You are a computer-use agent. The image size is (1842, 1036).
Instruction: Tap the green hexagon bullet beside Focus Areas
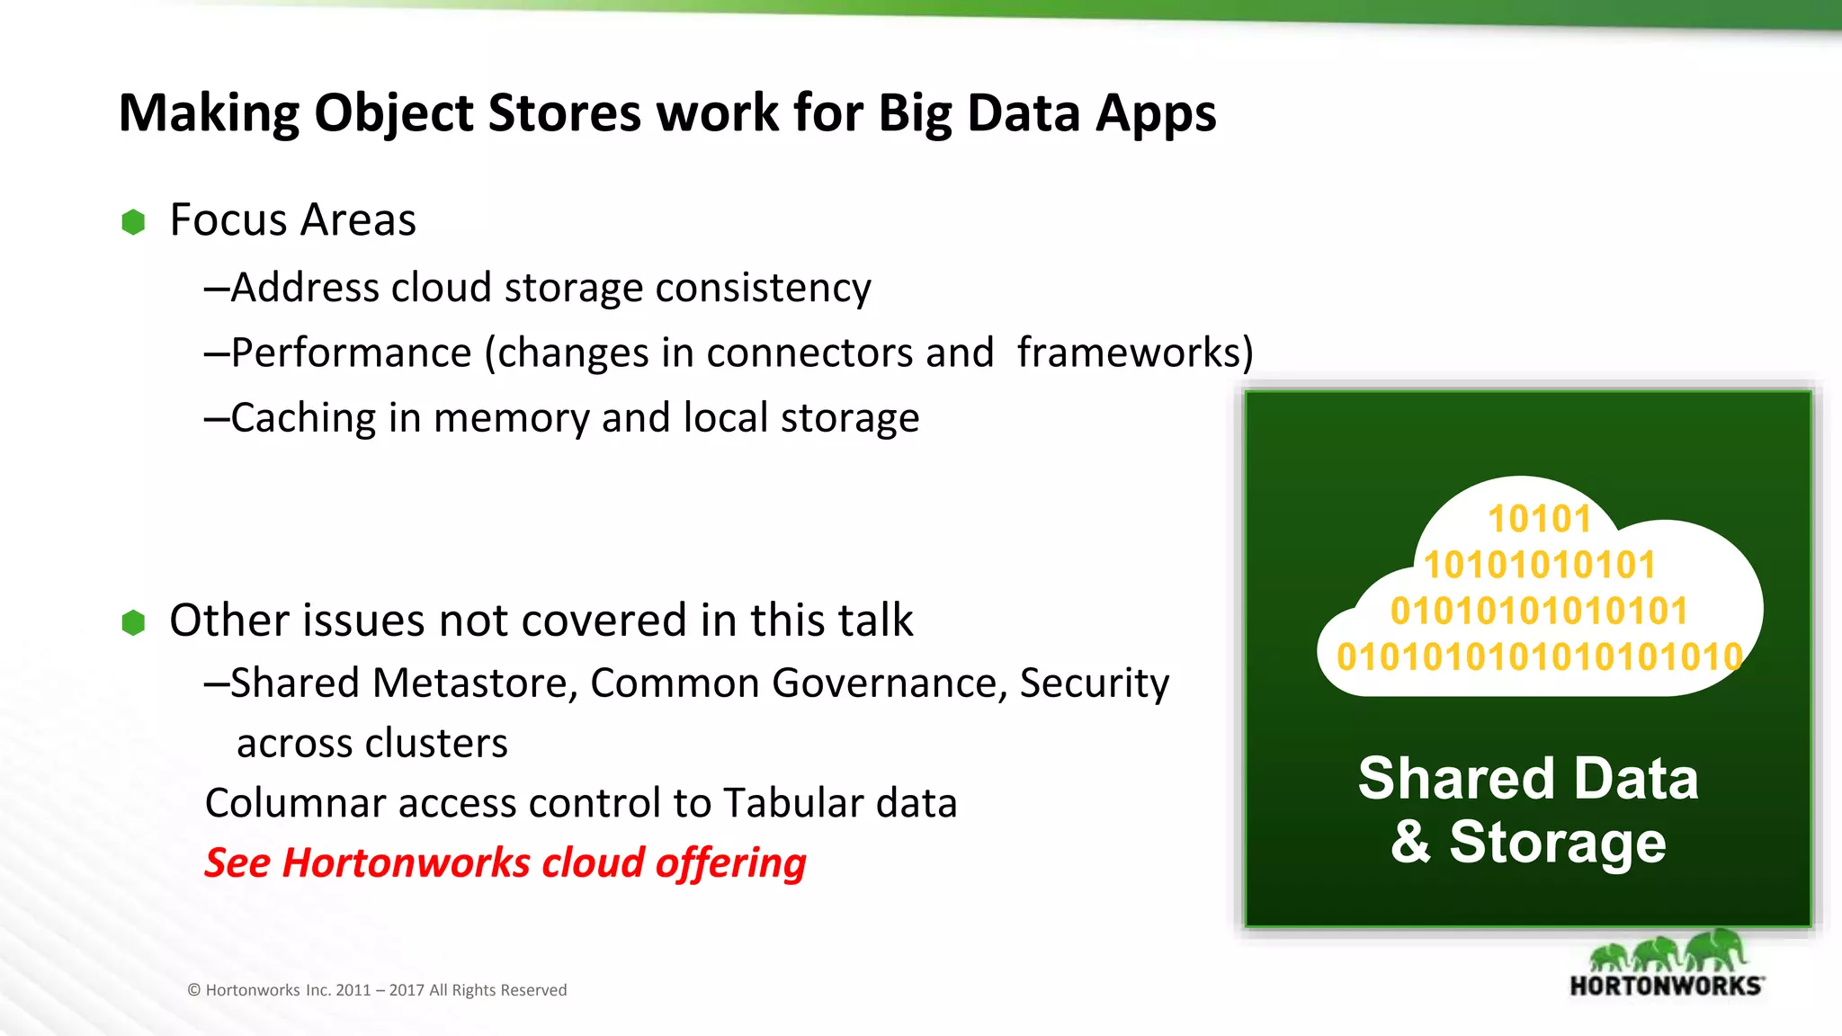click(x=133, y=222)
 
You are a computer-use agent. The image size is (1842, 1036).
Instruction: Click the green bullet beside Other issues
click(x=133, y=622)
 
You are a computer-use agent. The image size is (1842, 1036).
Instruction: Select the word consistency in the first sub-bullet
click(x=763, y=289)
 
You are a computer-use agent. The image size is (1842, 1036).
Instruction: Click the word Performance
click(x=351, y=353)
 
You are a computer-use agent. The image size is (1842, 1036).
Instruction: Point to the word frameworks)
click(x=1135, y=353)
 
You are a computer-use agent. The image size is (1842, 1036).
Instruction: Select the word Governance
click(x=890, y=683)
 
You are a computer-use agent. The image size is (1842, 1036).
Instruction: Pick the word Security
click(x=1095, y=683)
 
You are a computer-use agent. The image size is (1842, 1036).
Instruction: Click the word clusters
click(x=436, y=744)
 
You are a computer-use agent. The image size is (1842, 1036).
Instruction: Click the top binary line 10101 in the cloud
click(x=1539, y=519)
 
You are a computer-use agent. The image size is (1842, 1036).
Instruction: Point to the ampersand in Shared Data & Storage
click(x=1410, y=843)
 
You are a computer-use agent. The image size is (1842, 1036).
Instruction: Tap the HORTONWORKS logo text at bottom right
click(x=1666, y=987)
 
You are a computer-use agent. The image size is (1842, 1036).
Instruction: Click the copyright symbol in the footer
click(x=193, y=990)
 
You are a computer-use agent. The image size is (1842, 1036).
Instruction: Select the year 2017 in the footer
click(x=406, y=990)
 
